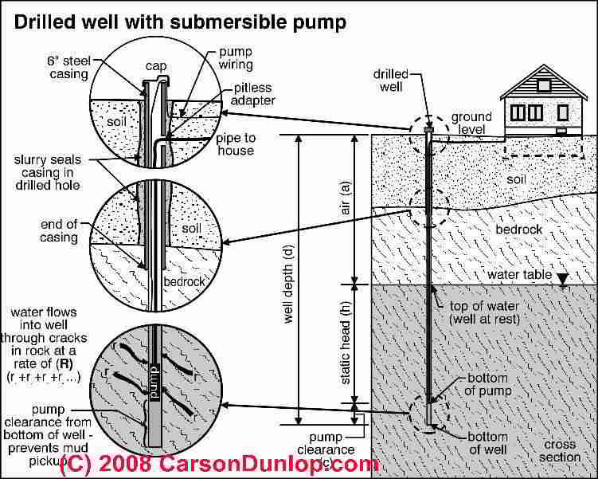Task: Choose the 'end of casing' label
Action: (x=59, y=231)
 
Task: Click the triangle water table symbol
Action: (x=563, y=279)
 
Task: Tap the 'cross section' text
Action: (x=559, y=450)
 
